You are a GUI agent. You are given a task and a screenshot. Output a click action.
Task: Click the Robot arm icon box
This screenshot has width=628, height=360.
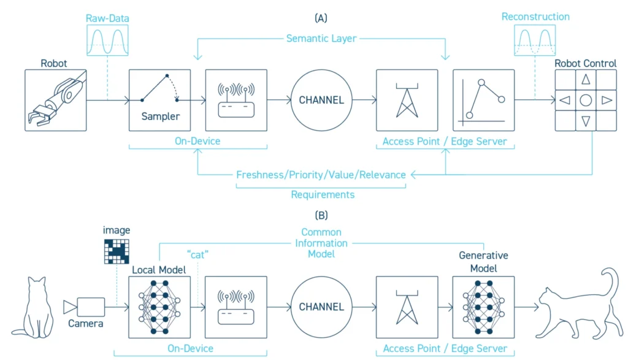pyautogui.click(x=55, y=100)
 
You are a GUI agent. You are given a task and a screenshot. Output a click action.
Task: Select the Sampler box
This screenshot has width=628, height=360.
pyautogui.click(x=159, y=100)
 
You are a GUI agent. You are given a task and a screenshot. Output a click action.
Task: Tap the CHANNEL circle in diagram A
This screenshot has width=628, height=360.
pyautogui.click(x=321, y=100)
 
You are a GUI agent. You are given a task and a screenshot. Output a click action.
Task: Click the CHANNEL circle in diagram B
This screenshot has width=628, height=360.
pyautogui.click(x=321, y=307)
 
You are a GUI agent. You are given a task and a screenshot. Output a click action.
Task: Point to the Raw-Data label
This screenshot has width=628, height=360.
pyautogui.click(x=107, y=19)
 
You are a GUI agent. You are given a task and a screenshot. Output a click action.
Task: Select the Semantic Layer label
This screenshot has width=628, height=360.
pyautogui.click(x=321, y=39)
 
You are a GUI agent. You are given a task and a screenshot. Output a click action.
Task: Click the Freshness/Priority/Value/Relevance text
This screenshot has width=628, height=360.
pyautogui.click(x=321, y=175)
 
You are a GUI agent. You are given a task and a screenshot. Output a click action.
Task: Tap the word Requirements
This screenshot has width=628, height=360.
pyautogui.click(x=323, y=194)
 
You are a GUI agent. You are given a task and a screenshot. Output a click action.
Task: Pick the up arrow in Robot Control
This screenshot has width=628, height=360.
pyautogui.click(x=586, y=79)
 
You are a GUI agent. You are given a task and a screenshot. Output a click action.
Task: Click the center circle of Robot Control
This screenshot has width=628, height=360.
pyautogui.click(x=586, y=100)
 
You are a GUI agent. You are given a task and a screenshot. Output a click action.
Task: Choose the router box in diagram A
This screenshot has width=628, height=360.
pyautogui.click(x=236, y=100)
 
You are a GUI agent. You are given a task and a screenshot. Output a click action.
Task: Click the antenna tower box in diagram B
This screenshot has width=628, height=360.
pyautogui.click(x=407, y=307)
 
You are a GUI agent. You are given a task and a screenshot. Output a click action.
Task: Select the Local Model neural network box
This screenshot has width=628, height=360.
pyautogui.click(x=159, y=307)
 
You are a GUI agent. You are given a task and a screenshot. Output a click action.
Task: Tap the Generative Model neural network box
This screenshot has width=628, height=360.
pyautogui.click(x=483, y=307)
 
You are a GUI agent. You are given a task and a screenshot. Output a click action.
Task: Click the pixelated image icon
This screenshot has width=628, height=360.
pyautogui.click(x=117, y=251)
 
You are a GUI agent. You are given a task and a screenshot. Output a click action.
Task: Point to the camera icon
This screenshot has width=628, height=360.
pyautogui.click(x=84, y=305)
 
